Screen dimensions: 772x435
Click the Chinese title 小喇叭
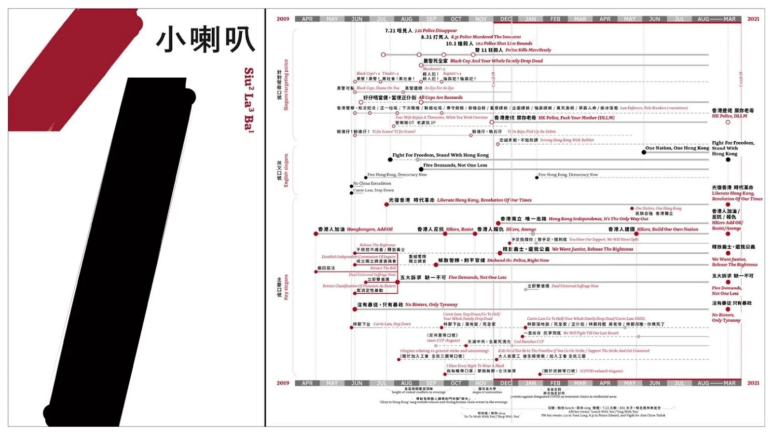pos(205,40)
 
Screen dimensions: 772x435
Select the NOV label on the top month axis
pos(481,19)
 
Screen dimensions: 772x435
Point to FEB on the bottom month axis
pos(555,383)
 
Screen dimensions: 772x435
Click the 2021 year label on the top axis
pos(753,19)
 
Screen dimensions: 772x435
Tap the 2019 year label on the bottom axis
pos(283,383)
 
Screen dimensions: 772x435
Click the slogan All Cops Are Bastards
pos(441,97)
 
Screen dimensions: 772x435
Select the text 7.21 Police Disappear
pos(436,30)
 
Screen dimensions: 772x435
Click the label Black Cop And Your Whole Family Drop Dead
pos(496,61)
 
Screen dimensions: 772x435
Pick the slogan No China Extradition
pos(372,183)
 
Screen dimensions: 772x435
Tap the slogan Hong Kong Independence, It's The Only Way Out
pos(598,219)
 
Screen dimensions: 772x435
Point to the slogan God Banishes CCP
pos(529,341)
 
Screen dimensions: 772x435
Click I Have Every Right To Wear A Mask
pos(475,366)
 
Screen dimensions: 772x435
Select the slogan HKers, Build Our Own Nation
pos(667,230)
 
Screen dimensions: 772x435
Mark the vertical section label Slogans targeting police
pos(286,85)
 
